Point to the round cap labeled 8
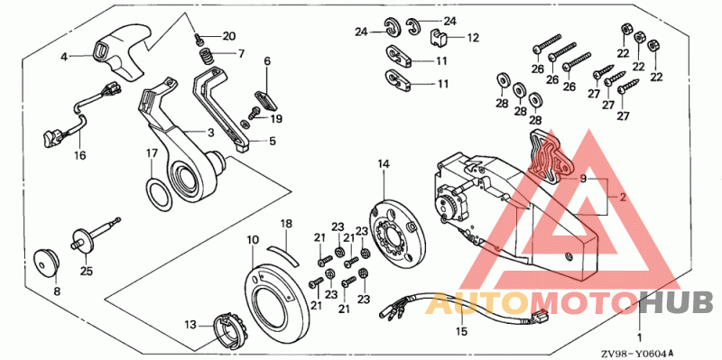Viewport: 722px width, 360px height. [x=46, y=263]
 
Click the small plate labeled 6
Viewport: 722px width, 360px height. [x=265, y=99]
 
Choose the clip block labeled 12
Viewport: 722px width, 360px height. [x=440, y=37]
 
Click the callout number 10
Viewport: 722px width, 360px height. [x=253, y=239]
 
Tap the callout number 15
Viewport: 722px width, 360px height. [x=462, y=330]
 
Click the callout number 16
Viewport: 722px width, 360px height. [x=79, y=155]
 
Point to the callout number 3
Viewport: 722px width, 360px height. [x=211, y=133]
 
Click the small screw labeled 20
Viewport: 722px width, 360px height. [x=199, y=39]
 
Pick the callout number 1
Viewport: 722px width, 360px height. [x=639, y=337]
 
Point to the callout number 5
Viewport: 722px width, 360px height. [x=273, y=142]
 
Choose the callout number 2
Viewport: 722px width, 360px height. [x=623, y=198]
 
